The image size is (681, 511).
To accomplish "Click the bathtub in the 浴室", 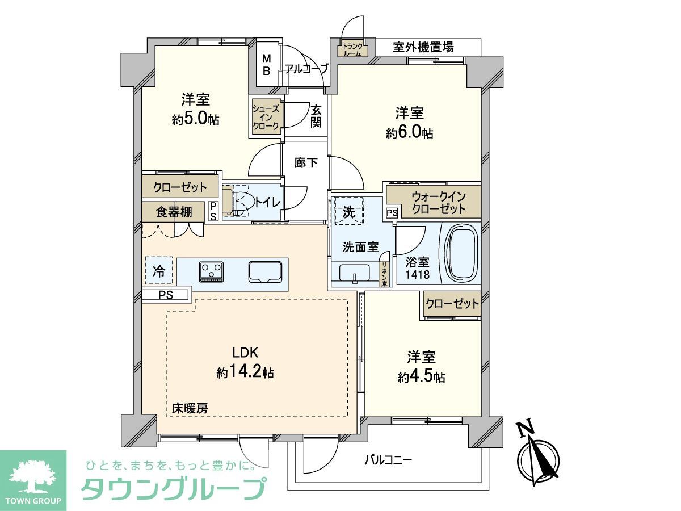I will pos(460,253).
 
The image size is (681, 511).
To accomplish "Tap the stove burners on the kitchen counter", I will pos(212,271).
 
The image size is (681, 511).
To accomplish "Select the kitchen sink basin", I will pos(264,272).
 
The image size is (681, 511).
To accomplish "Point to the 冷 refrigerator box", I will pos(158,271).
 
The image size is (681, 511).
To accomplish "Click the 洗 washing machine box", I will pos(348,212).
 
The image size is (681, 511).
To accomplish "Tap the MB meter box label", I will pos(266,64).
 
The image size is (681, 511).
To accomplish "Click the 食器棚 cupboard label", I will pos(173,212).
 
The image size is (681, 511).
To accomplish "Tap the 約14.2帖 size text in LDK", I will pos(245,372).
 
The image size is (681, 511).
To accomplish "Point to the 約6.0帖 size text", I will pos(409,133).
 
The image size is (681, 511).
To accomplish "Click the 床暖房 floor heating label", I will pos(190,408).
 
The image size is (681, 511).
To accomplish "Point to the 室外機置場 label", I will pos(423,47).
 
